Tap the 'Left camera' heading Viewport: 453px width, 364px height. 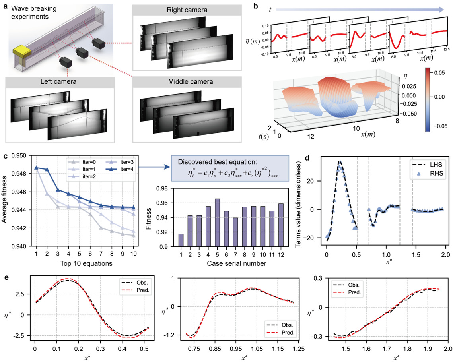pos(60,84)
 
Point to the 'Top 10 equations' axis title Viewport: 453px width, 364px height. pos(86,263)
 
